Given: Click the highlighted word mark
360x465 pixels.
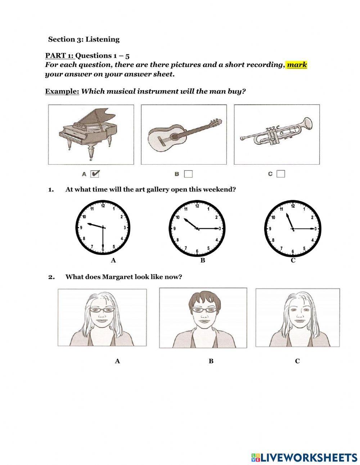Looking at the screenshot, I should tap(297, 65).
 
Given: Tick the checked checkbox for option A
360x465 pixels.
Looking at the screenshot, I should tap(95, 174).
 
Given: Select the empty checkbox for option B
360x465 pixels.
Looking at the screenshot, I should tap(188, 174).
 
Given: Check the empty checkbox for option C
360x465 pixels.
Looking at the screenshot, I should tap(281, 174).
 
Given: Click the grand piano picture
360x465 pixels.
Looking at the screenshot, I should tap(91, 134).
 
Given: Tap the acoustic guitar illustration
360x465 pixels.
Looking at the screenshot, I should tap(184, 134).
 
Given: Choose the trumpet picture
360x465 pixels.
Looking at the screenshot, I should tap(276, 134).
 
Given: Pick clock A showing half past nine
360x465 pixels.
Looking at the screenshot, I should tap(103, 227).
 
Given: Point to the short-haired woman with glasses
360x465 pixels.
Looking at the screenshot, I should tap(203, 318).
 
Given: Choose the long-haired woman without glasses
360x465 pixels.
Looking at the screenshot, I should tap(297, 318).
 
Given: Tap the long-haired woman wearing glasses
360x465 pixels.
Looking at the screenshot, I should tap(102, 318).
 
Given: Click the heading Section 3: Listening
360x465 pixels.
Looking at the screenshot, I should tap(84, 39).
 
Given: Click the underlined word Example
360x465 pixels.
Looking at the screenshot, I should tap(62, 91).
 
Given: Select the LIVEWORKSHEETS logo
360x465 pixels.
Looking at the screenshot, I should tap(304, 457).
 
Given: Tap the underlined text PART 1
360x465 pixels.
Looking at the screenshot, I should tap(59, 55).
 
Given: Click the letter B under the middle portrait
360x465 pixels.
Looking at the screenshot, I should tap(211, 361).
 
